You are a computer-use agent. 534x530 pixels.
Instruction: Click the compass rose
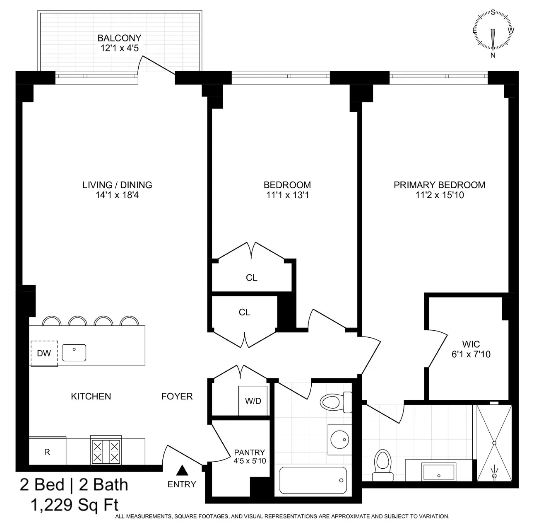[493, 31]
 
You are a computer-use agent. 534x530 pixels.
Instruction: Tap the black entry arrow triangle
[182, 471]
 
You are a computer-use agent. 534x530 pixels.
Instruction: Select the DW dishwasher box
[44, 353]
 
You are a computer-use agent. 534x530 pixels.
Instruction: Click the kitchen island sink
[74, 353]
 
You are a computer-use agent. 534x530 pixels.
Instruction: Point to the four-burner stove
[106, 451]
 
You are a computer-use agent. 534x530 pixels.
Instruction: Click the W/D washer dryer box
[253, 401]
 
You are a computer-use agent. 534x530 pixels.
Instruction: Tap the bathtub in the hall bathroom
[313, 480]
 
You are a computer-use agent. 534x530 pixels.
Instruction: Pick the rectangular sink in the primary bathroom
[438, 472]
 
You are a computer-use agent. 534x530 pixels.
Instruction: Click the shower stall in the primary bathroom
[494, 443]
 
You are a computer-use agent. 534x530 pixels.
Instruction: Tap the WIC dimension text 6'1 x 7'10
[471, 354]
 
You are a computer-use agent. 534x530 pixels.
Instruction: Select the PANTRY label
[249, 453]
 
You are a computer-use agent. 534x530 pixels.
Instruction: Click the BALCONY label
[119, 38]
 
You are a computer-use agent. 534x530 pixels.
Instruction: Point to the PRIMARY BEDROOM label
[439, 185]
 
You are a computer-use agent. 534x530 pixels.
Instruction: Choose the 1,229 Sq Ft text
[75, 505]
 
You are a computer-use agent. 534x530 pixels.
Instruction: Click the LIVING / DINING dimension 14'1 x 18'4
[117, 195]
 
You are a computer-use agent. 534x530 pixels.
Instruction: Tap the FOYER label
[177, 396]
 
